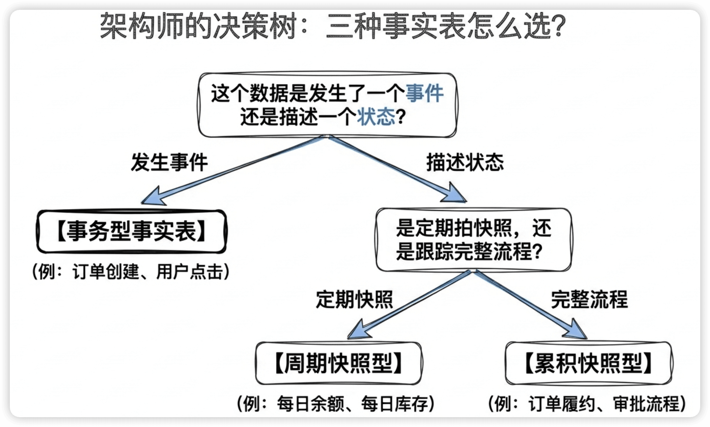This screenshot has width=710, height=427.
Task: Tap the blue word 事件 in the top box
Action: click(424, 93)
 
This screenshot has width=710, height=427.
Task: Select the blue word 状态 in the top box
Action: click(376, 117)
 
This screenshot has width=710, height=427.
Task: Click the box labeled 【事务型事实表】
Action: click(132, 232)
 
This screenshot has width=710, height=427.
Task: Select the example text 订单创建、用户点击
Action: click(148, 272)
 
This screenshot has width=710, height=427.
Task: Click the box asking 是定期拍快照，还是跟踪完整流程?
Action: click(473, 240)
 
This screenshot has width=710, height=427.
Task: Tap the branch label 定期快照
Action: click(354, 300)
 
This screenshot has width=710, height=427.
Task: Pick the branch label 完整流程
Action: click(589, 300)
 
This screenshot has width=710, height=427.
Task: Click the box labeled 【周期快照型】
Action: click(339, 363)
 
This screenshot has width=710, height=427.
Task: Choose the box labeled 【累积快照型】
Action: click(589, 363)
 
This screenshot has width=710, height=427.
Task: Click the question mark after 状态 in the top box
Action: click(401, 117)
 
